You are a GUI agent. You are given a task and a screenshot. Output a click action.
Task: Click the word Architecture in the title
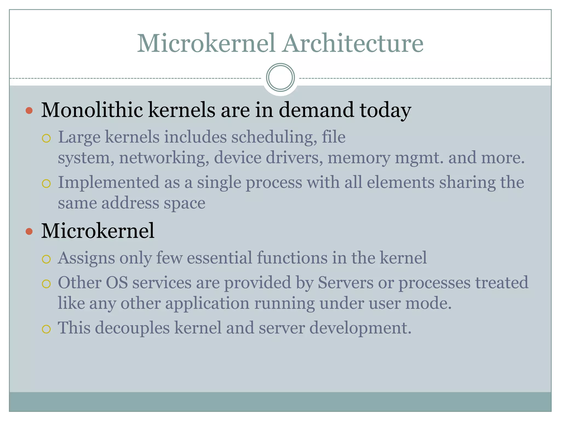click(353, 43)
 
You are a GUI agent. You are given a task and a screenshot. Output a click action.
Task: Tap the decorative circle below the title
click(280, 77)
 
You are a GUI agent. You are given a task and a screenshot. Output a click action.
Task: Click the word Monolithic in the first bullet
click(92, 110)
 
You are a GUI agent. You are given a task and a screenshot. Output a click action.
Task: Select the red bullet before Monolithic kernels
click(29, 111)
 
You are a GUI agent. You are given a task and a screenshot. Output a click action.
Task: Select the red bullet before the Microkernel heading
click(29, 232)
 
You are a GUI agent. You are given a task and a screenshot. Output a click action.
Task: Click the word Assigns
click(86, 258)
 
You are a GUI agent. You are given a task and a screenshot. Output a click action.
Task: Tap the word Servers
click(345, 283)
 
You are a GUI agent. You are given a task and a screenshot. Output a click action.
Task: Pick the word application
click(207, 303)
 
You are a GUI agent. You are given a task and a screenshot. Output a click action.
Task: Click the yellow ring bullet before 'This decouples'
click(46, 329)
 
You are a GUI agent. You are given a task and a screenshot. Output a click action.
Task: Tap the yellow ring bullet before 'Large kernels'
click(46, 138)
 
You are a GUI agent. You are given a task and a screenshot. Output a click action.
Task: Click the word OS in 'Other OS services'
click(117, 283)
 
